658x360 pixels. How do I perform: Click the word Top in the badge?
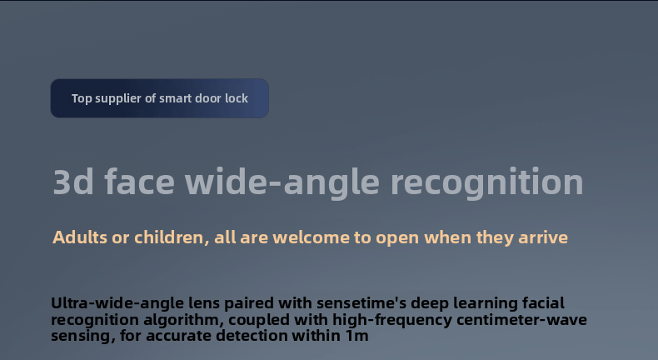tap(82, 98)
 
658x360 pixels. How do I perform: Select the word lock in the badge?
tap(237, 98)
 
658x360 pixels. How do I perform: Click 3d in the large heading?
tap(73, 182)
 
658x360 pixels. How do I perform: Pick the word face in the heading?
tap(139, 182)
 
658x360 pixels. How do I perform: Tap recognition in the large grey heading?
tap(486, 182)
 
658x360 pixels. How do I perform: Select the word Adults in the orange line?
tap(80, 237)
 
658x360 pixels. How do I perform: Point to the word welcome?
tap(311, 237)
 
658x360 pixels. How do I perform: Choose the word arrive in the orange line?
tap(543, 237)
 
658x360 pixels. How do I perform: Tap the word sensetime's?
tap(361, 302)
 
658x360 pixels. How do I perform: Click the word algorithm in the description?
tap(183, 320)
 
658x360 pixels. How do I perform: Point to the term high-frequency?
tap(392, 320)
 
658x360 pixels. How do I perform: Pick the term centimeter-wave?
tap(521, 320)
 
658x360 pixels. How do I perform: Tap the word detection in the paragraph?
tap(252, 336)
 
